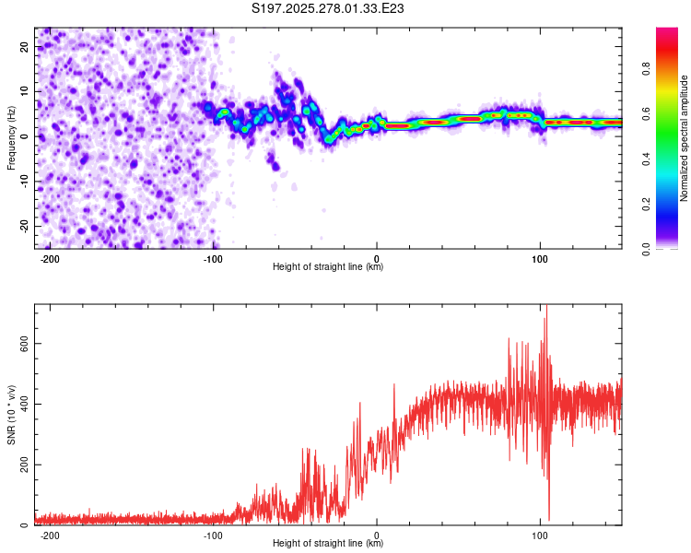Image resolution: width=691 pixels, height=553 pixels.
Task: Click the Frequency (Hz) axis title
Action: click(12, 137)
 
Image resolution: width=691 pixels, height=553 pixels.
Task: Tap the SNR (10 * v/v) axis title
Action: click(12, 414)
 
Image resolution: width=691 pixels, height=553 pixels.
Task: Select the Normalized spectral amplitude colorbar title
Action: click(684, 138)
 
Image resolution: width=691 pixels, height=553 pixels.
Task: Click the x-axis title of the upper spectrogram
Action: click(328, 267)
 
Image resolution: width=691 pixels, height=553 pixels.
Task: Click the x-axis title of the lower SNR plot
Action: click(328, 545)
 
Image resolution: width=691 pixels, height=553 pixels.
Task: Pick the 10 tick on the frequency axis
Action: click(25, 91)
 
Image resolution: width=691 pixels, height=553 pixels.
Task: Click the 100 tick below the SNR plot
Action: click(541, 535)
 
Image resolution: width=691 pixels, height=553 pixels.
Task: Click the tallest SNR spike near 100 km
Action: click(546, 307)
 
